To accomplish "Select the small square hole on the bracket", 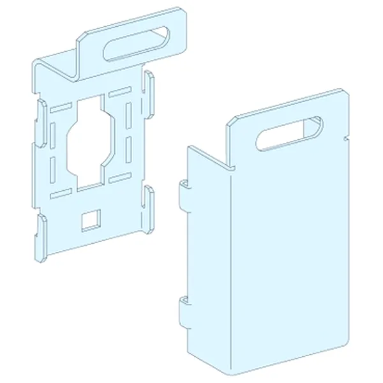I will pyautogui.click(x=89, y=220).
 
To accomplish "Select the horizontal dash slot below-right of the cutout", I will pyautogui.click(x=119, y=178).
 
